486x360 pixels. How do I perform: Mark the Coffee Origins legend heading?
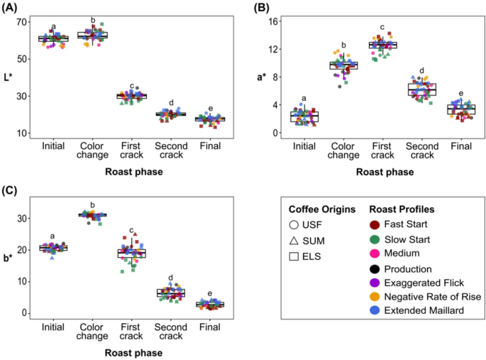[322, 209]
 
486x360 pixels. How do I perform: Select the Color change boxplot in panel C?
[92, 214]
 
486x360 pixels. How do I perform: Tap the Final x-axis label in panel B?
[460, 146]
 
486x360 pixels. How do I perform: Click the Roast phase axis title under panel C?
[131, 352]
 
